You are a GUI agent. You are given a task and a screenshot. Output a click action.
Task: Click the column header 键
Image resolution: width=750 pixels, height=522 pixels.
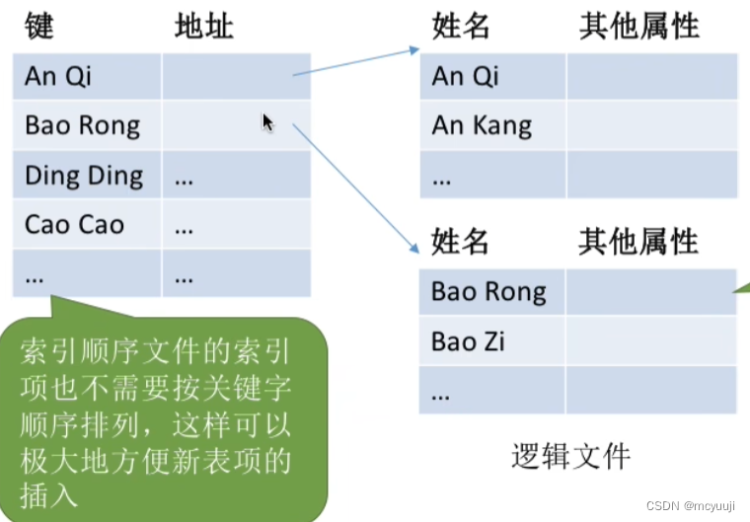(38, 27)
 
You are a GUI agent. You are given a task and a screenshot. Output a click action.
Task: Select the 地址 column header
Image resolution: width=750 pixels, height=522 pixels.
(203, 27)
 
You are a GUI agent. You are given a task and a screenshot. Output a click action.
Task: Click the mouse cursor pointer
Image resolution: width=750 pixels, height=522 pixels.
(267, 122)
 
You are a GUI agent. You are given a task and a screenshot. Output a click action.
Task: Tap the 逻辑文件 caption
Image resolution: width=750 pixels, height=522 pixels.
(570, 456)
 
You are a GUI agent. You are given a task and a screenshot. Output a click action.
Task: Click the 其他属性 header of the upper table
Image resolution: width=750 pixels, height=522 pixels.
(638, 27)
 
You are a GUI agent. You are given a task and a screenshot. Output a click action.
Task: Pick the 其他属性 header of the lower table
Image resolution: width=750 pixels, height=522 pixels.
(638, 242)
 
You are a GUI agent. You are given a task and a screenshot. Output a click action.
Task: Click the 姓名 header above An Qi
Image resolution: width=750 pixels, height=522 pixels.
(461, 27)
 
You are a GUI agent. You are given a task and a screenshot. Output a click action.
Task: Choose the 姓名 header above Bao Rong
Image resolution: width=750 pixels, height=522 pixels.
(461, 242)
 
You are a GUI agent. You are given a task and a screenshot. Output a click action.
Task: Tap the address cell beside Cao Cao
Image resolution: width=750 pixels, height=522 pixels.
(236, 225)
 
